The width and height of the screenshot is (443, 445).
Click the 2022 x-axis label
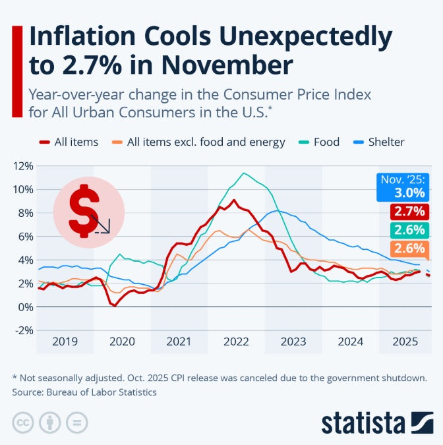236,341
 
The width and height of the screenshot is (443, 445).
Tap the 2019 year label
65,341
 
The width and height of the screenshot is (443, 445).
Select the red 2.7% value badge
409,212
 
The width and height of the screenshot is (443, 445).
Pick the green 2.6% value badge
409,230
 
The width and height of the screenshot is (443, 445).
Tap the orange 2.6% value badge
409,249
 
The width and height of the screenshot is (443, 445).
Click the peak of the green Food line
244,173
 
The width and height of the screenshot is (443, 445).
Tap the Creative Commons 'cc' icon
22,422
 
